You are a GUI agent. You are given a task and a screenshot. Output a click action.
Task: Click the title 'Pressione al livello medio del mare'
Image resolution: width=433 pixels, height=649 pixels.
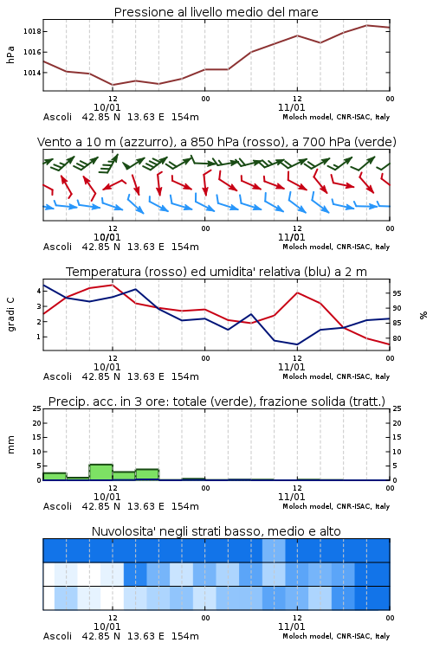[216, 12]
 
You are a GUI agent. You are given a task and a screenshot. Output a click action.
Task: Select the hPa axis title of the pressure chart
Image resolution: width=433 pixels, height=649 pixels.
[10, 55]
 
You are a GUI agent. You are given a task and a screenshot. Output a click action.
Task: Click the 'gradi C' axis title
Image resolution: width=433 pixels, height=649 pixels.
[11, 314]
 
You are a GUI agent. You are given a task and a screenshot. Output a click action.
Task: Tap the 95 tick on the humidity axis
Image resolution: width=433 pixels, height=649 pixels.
[397, 293]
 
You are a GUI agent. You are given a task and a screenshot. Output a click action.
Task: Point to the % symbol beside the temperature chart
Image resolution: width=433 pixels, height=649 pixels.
[423, 315]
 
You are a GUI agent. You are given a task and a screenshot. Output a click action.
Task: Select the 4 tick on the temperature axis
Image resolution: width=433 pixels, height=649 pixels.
[39, 291]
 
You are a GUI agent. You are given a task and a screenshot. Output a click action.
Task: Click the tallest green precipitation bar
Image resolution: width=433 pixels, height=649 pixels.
[101, 472]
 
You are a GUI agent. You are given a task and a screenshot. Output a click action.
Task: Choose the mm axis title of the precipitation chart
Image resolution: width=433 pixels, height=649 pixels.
[10, 444]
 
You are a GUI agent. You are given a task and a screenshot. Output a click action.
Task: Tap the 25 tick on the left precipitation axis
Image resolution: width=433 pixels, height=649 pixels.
[37, 408]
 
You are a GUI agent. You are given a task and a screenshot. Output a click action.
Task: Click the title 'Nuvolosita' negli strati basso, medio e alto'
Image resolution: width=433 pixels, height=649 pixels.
[216, 531]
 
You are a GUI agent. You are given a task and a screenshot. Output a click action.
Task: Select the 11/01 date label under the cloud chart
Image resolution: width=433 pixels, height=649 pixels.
[291, 627]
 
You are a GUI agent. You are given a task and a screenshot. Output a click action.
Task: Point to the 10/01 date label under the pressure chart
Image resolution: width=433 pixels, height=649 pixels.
[107, 107]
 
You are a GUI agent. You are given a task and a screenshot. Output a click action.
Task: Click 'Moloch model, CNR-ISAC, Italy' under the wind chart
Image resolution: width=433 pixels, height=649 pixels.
[336, 247]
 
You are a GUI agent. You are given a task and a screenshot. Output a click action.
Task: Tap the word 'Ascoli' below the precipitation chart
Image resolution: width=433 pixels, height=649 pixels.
[57, 506]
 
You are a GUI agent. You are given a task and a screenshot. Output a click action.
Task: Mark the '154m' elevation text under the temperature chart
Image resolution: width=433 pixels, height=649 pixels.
[185, 376]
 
